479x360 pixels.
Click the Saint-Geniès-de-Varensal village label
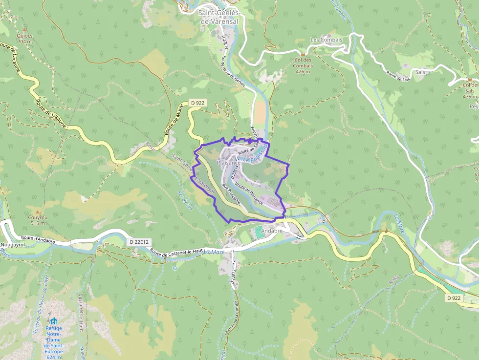tap(219, 17)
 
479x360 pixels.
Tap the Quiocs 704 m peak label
tap(24, 39)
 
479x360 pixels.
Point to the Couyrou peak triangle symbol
tap(37, 213)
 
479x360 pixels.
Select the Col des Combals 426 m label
tap(303, 66)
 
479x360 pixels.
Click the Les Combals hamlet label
tap(326, 40)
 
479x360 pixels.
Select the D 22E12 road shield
tap(139, 242)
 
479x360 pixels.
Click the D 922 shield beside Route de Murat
tap(197, 103)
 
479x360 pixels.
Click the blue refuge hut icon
tap(53, 321)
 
